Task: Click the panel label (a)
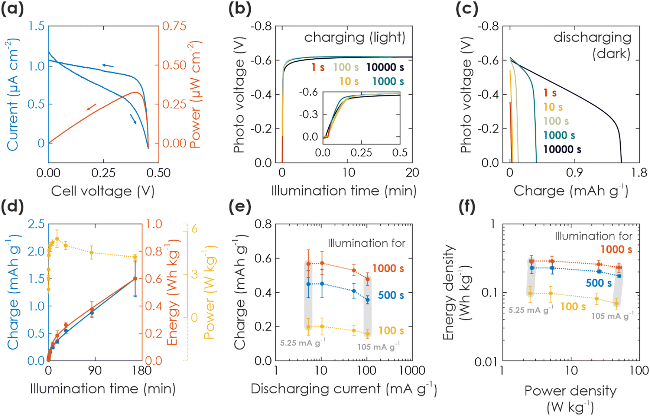pyautogui.click(x=12, y=8)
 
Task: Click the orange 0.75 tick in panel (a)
pyautogui.click(x=174, y=26)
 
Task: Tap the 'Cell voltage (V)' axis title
pyautogui.click(x=103, y=191)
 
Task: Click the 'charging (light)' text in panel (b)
pyautogui.click(x=355, y=38)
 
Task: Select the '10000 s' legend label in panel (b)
pyautogui.click(x=385, y=67)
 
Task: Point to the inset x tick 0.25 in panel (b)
pyautogui.click(x=361, y=153)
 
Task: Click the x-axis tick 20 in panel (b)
pyautogui.click(x=412, y=172)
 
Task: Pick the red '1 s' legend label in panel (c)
pyautogui.click(x=550, y=93)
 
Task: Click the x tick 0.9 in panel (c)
pyautogui.click(x=574, y=172)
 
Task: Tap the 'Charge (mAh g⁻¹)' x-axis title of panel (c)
pyautogui.click(x=571, y=191)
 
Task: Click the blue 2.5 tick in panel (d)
pyautogui.click(x=36, y=224)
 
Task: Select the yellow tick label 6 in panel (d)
pyautogui.click(x=194, y=229)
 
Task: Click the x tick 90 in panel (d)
pyautogui.click(x=95, y=370)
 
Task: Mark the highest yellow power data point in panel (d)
pyautogui.click(x=57, y=239)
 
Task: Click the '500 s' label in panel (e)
pyautogui.click(x=391, y=295)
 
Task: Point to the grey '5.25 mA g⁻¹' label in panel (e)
pyautogui.click(x=302, y=342)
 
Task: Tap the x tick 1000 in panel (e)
pyautogui.click(x=412, y=370)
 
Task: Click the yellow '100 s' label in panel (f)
pyautogui.click(x=573, y=306)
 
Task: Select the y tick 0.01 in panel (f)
pyautogui.click(x=486, y=361)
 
